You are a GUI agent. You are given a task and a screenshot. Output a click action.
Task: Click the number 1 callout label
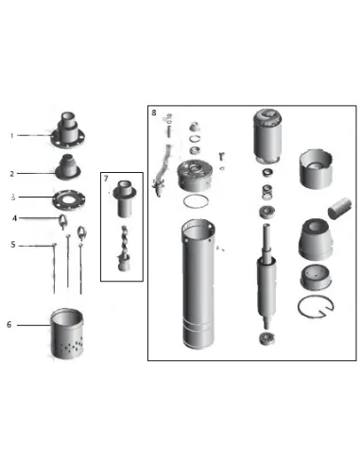[x=13, y=135]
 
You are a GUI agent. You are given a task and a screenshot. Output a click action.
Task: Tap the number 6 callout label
[x=9, y=324]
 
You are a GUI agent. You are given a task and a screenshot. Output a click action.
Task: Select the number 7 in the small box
[x=107, y=180]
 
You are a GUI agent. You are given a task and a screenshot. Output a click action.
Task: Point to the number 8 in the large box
[x=154, y=112]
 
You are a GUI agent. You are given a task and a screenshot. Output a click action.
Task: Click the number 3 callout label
[x=13, y=198]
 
